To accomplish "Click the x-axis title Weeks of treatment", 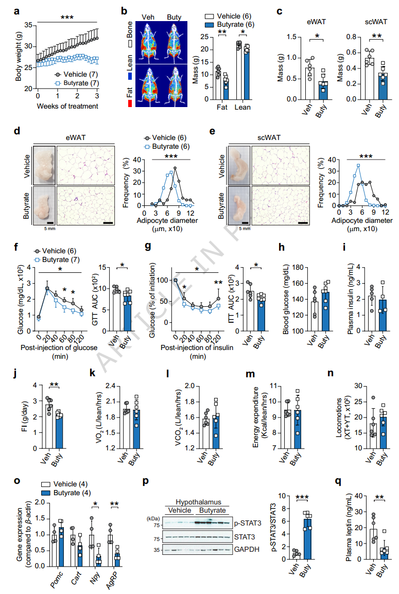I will click(67, 107).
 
